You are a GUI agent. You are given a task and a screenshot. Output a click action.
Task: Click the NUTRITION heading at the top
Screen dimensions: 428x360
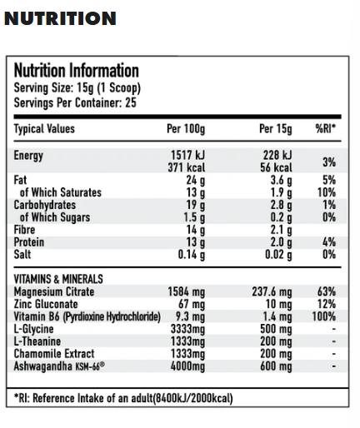(60, 18)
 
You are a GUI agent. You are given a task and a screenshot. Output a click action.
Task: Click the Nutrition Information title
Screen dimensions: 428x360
(76, 71)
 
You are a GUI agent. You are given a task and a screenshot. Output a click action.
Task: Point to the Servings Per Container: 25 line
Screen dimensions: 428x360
(75, 102)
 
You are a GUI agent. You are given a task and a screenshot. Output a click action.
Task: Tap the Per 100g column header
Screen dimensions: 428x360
(187, 129)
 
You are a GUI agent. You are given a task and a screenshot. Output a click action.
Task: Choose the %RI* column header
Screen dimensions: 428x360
(325, 129)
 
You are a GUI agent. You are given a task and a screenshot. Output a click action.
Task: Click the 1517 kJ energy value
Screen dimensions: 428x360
(188, 156)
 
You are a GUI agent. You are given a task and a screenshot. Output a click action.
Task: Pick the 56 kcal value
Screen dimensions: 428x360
(275, 167)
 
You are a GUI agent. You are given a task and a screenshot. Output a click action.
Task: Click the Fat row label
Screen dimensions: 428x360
(21, 180)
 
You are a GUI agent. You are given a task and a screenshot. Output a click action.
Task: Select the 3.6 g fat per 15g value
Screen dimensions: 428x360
(280, 180)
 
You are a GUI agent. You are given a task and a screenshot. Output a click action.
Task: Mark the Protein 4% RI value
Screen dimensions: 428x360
(329, 242)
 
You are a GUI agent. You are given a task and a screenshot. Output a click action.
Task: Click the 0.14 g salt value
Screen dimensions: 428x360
(192, 255)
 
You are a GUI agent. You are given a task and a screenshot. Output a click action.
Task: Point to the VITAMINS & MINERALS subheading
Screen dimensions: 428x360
(58, 279)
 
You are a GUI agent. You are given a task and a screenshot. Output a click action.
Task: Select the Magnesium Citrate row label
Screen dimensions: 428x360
(54, 291)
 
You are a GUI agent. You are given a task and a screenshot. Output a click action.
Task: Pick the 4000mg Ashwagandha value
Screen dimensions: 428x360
(187, 367)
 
